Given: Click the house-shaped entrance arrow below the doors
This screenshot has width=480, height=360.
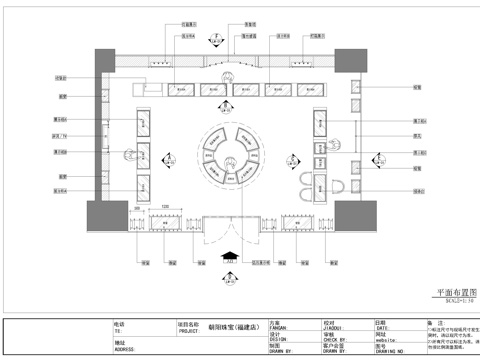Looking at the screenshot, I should [230, 255].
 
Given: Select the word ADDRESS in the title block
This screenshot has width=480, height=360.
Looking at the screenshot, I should [125, 350].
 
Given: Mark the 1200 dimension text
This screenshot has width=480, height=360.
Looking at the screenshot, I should [166, 204].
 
